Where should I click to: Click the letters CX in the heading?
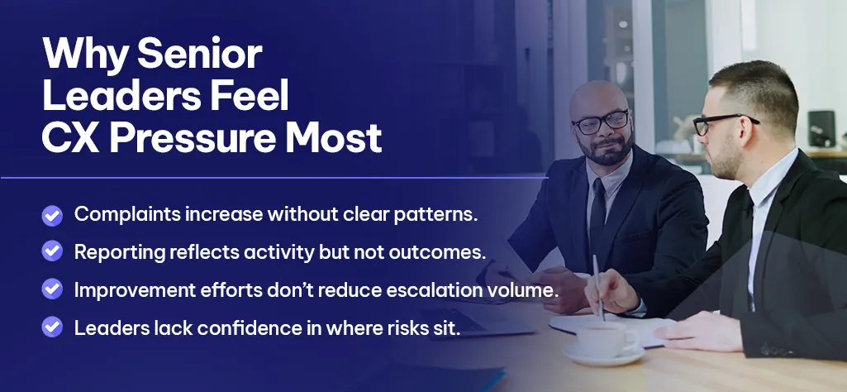71,139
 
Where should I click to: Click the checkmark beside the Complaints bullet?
52,215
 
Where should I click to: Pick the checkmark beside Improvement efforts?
52,289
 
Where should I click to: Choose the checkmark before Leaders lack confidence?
52,327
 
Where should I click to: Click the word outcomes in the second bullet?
438,252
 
